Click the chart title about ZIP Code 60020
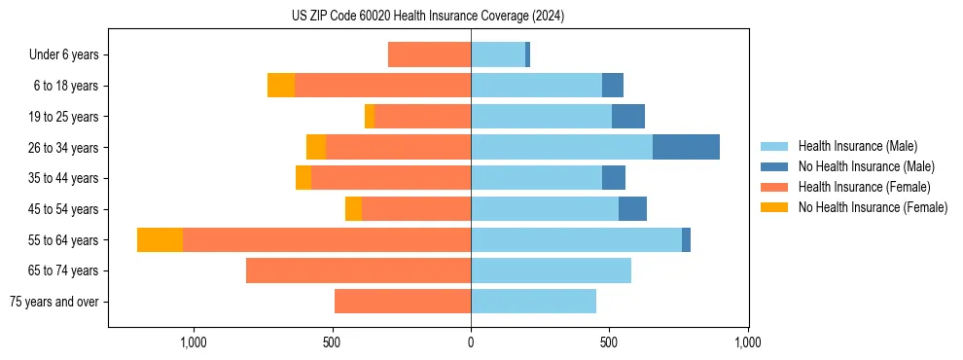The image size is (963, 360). (x=427, y=17)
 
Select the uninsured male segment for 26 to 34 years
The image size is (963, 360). (x=686, y=147)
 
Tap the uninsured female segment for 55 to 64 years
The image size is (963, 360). (x=160, y=239)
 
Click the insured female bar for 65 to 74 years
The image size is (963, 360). (x=358, y=270)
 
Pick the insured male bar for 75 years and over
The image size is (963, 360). (x=533, y=302)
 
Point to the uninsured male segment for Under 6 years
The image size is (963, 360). (x=527, y=54)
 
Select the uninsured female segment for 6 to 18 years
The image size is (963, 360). (x=281, y=86)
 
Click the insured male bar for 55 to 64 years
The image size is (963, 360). (x=576, y=239)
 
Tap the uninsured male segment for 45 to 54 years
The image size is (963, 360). (x=632, y=208)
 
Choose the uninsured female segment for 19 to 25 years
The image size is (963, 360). (x=370, y=116)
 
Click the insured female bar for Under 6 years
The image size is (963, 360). (x=429, y=54)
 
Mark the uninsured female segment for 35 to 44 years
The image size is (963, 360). (x=303, y=178)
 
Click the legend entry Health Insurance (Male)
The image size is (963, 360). (x=857, y=146)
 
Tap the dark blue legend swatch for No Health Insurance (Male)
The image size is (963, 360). (x=774, y=166)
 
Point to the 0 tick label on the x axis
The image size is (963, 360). (x=471, y=342)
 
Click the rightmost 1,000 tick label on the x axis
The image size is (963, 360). (x=747, y=342)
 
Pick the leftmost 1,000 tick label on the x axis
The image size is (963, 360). (x=193, y=342)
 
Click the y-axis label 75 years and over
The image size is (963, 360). (x=53, y=302)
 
